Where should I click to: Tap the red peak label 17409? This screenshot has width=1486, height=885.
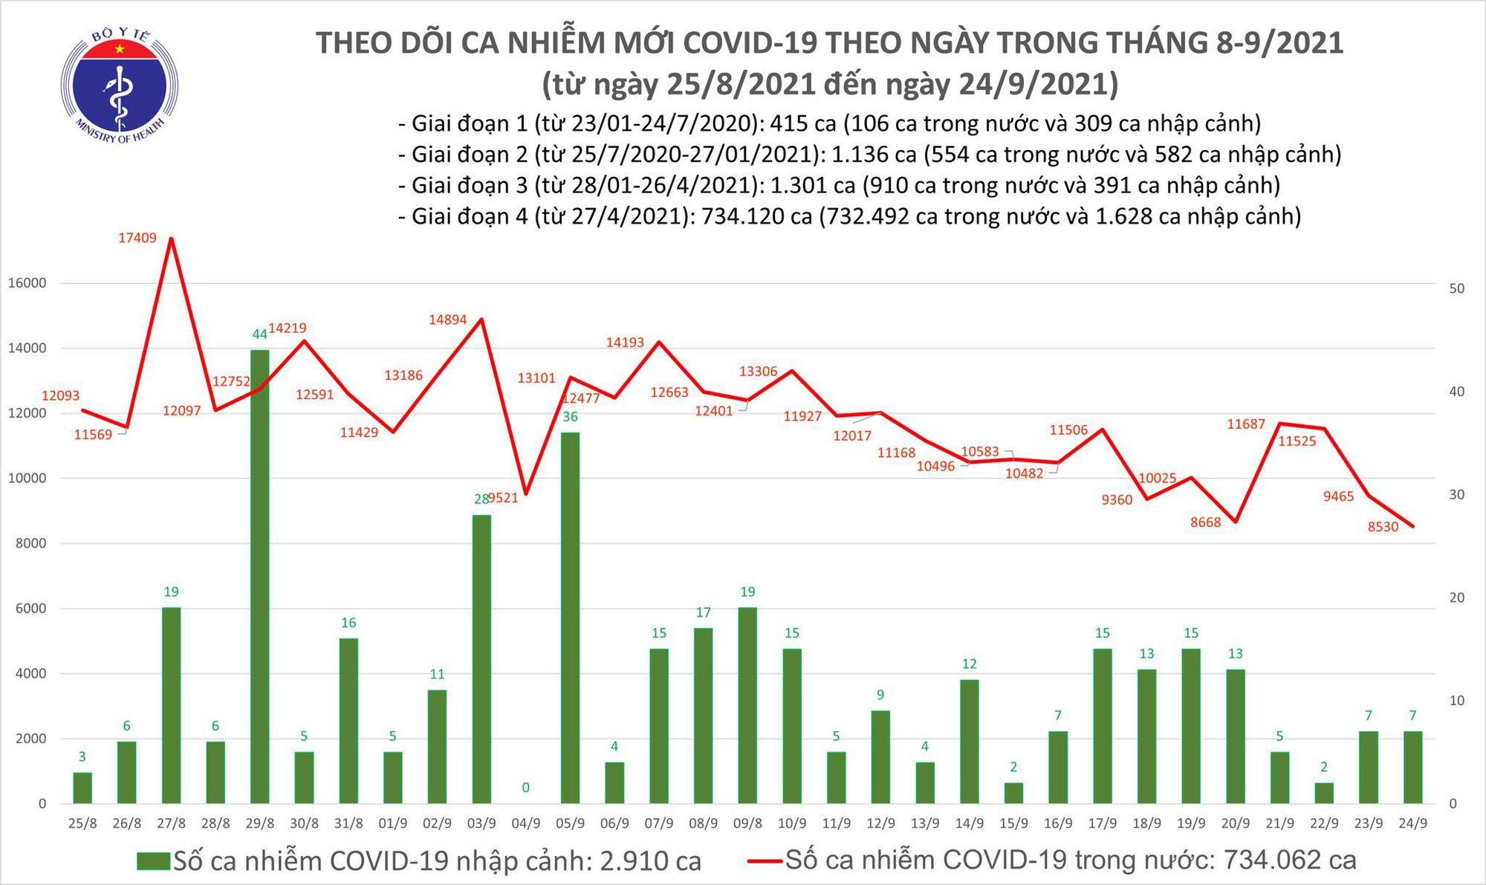137,238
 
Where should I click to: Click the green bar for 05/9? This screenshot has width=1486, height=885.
570,617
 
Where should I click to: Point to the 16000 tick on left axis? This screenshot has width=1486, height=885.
27,283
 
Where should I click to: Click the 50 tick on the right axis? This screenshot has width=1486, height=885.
1457,288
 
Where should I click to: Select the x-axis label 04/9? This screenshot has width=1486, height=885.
525,824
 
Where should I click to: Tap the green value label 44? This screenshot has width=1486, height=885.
259,334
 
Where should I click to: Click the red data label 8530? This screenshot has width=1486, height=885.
1383,527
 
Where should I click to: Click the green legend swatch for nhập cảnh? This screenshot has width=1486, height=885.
154,861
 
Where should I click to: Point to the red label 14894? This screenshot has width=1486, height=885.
447,320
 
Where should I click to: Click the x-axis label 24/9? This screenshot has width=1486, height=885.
1412,824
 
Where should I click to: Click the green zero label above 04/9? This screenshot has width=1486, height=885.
525,788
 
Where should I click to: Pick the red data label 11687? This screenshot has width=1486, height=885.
1245,424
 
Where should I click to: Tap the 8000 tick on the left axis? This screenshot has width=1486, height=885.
30,544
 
